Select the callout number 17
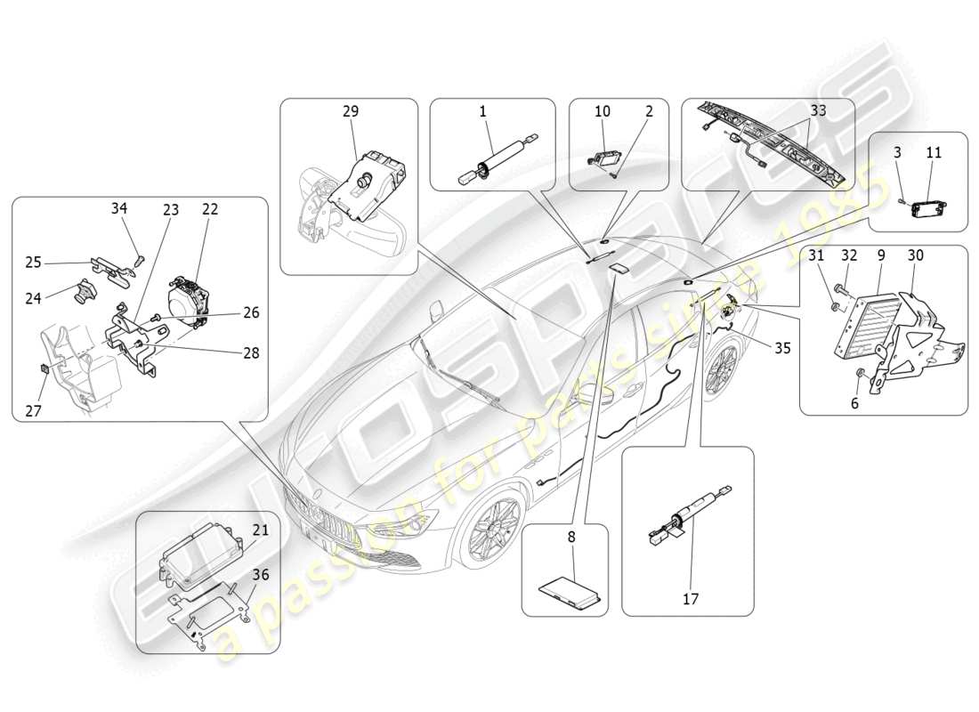[690, 599]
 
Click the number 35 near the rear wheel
[781, 349]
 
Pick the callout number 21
[259, 530]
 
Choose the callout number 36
[259, 575]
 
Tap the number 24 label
[33, 298]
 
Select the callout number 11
[933, 153]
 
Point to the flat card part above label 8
[570, 588]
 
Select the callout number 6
[855, 402]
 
